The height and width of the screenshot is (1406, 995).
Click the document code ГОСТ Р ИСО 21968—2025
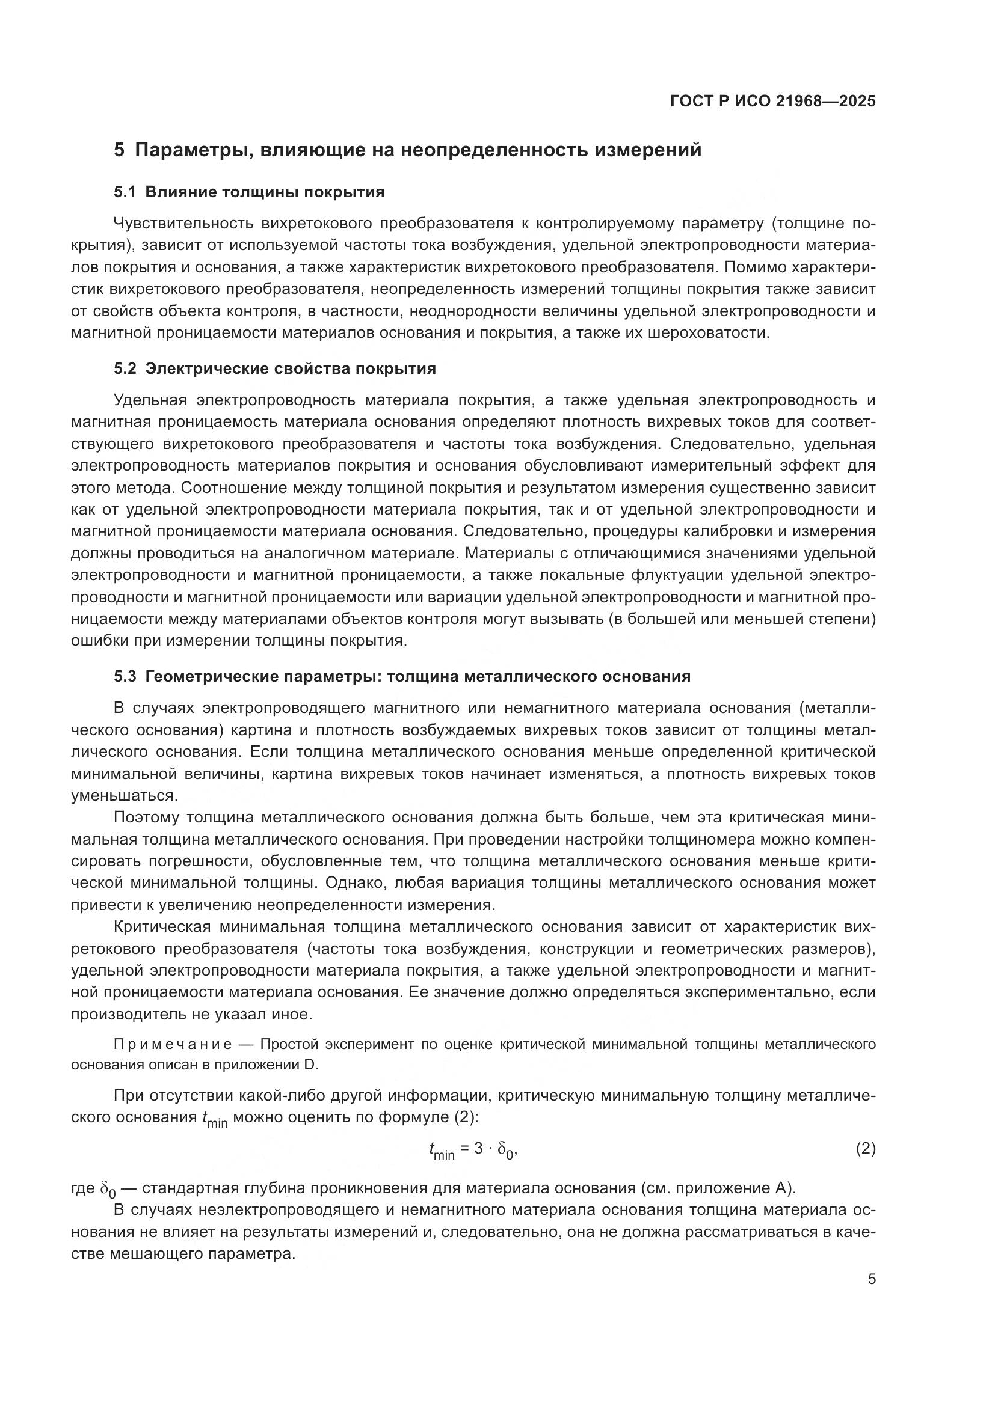click(772, 102)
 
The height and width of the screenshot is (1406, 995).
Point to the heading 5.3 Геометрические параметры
click(402, 677)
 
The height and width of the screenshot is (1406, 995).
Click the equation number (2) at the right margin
click(865, 1149)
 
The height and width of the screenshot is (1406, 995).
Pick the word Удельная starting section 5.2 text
click(150, 400)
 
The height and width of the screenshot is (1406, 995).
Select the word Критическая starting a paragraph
click(162, 927)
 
